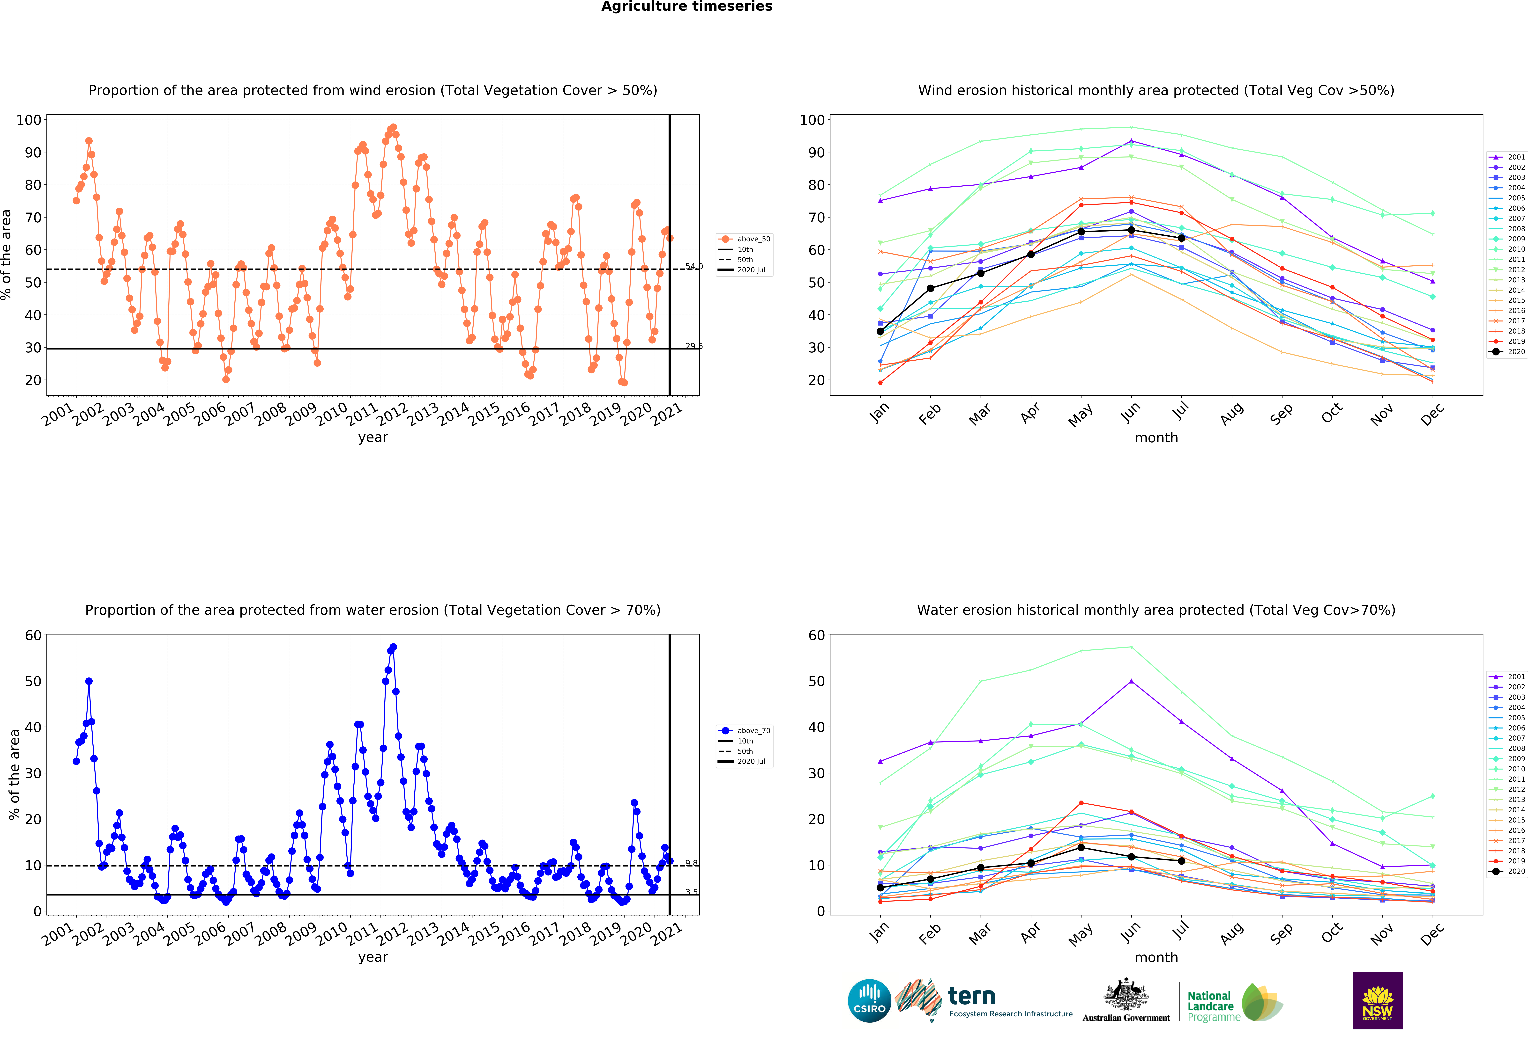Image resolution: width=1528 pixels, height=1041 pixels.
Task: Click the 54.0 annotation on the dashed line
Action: (694, 266)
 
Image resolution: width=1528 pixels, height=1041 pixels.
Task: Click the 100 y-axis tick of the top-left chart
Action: (29, 120)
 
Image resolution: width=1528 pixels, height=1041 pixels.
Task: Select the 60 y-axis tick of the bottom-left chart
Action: (33, 635)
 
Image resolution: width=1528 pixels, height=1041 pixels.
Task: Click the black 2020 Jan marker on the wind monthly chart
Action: (880, 331)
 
